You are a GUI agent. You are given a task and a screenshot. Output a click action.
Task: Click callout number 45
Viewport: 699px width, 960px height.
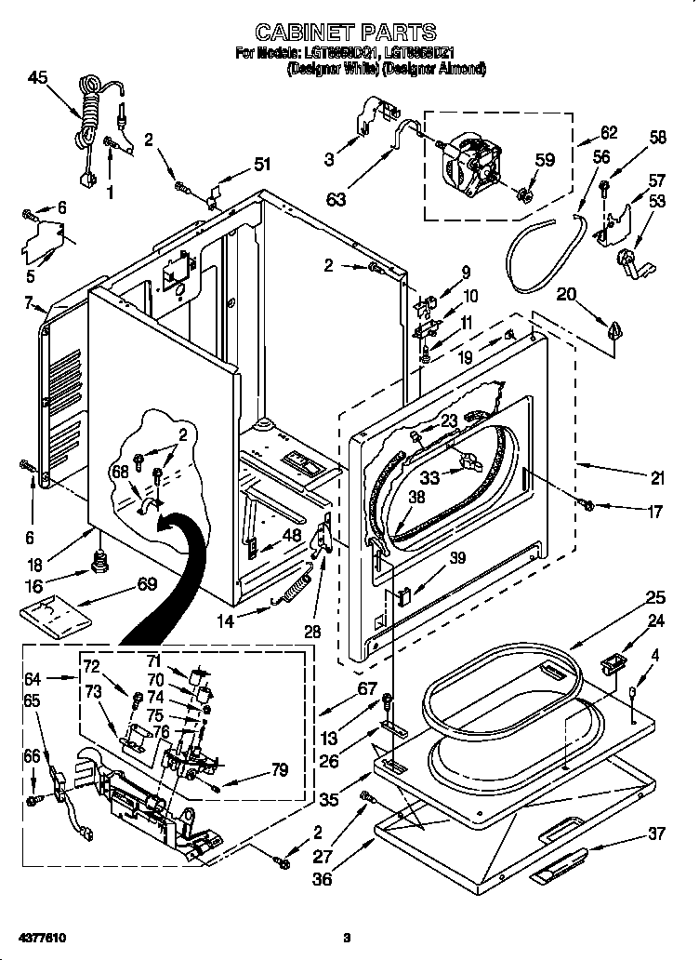tap(37, 78)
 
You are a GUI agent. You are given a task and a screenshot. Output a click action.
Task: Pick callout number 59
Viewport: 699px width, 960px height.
tap(544, 160)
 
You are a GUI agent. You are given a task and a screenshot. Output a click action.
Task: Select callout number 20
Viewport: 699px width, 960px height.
tap(567, 295)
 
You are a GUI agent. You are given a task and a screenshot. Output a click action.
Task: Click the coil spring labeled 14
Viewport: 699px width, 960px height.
tap(293, 590)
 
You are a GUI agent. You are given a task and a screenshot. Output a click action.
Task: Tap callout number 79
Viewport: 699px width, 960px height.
tap(278, 769)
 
